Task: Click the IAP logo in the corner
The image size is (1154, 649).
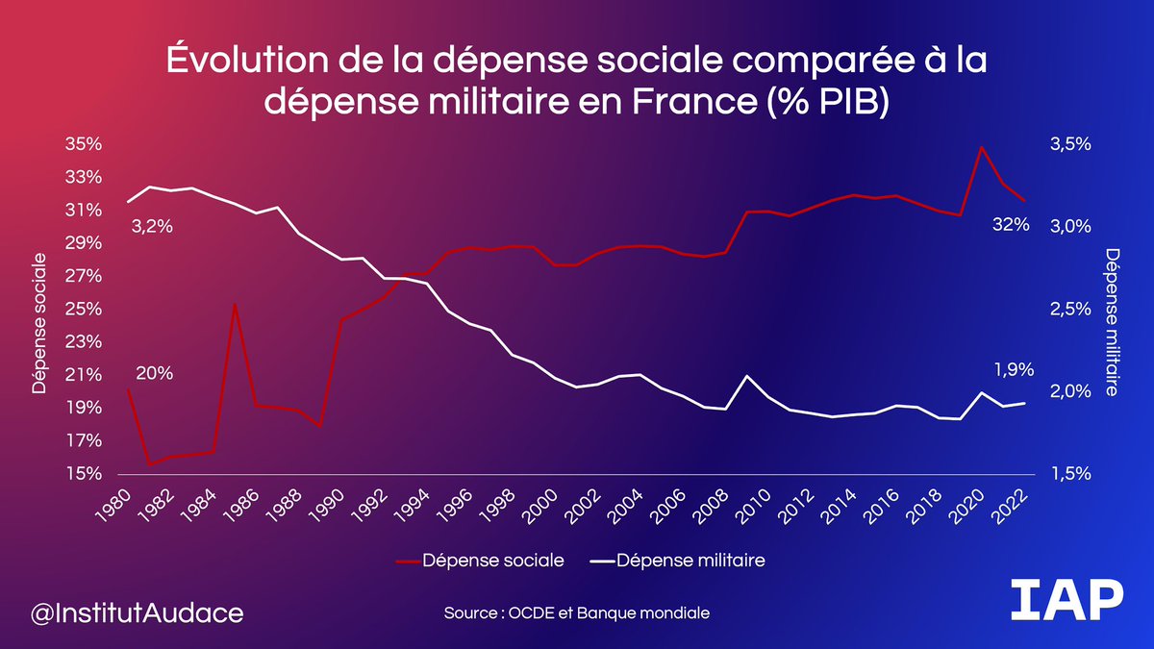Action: (1067, 602)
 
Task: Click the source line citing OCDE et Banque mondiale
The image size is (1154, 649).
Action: (577, 612)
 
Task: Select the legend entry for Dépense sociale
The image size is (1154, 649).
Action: (481, 560)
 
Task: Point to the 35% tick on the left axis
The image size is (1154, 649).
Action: (84, 144)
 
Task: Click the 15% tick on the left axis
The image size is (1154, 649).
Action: (84, 474)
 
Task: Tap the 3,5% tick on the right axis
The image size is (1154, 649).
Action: (1069, 144)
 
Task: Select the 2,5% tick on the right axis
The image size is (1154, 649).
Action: (1069, 310)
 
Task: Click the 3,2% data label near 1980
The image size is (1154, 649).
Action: (152, 228)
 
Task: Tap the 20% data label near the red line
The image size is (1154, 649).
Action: (154, 374)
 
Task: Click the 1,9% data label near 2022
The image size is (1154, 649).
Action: (1014, 368)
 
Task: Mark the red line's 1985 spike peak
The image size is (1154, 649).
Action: (235, 304)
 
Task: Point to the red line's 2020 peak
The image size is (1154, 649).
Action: (981, 147)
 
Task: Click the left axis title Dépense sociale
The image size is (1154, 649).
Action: (39, 323)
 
